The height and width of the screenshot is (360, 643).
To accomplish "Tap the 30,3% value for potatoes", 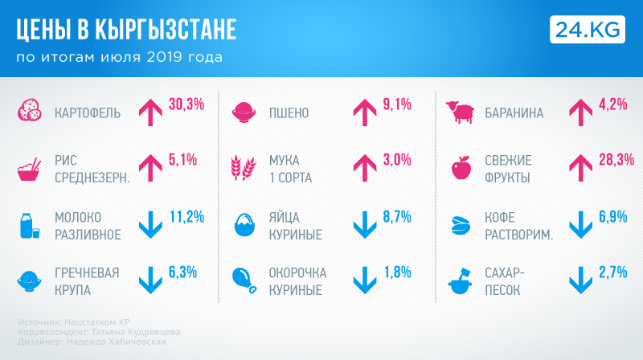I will point(186,104).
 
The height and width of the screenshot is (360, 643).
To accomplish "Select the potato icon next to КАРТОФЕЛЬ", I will point(31,112).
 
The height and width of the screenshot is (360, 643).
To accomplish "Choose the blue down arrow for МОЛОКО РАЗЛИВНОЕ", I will point(151,224).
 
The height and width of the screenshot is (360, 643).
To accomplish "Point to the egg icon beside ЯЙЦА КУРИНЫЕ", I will point(244,226).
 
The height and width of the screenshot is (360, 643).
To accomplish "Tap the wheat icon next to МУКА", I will point(243,169).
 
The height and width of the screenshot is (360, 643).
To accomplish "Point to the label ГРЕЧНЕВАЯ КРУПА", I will point(87,280).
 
